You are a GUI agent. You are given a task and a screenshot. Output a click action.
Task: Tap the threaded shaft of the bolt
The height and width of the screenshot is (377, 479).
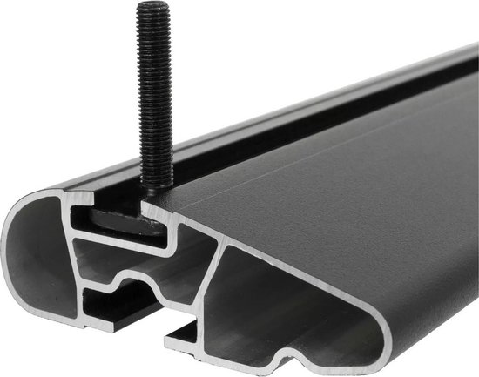[152, 87]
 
